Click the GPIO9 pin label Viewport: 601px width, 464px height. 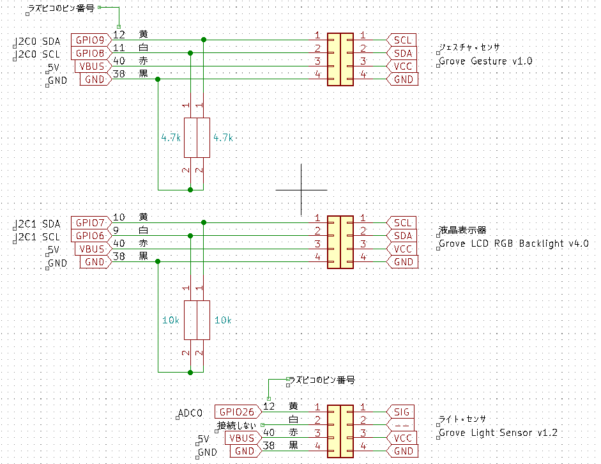coord(90,40)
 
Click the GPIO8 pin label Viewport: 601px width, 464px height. coord(90,53)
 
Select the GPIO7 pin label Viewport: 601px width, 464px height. coord(90,222)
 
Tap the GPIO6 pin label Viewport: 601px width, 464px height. coord(90,236)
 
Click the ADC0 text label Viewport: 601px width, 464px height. coord(190,414)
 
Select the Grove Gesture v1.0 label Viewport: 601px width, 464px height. coord(485,61)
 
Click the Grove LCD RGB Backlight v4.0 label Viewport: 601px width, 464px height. coord(514,244)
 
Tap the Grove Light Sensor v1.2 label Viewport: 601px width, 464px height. coord(498,433)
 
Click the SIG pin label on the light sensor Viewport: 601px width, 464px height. coord(402,412)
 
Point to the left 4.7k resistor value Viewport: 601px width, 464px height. coord(171,137)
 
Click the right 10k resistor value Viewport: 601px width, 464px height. coord(224,320)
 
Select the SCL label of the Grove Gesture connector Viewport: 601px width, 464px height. coord(402,40)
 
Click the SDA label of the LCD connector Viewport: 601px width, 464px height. coord(402,236)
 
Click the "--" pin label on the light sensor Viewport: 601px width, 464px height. coord(402,425)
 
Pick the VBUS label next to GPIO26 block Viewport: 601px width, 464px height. coord(242,438)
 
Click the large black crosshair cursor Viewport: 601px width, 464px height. coord(301,190)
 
